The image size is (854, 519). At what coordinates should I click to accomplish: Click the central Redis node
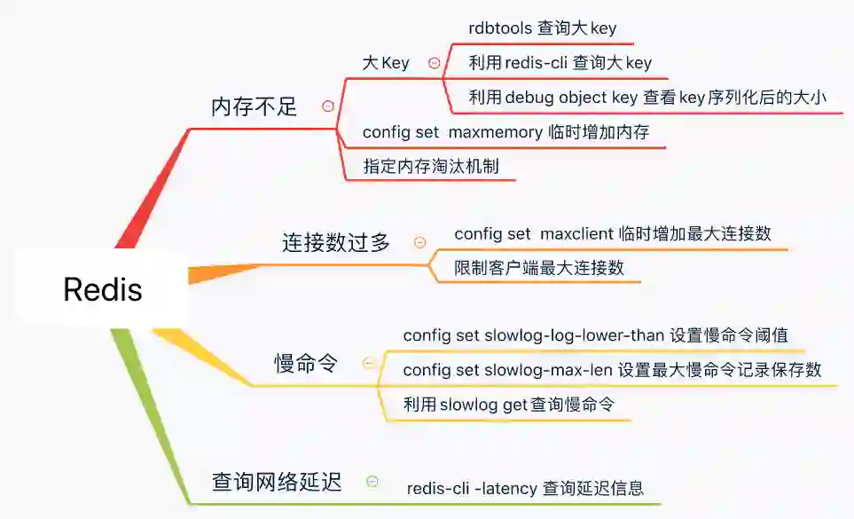[102, 289]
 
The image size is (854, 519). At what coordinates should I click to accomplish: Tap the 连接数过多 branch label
[336, 242]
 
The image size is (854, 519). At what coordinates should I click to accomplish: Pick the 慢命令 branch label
[306, 363]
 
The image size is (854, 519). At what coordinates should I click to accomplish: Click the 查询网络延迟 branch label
[277, 483]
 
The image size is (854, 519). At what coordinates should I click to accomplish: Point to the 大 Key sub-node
[386, 63]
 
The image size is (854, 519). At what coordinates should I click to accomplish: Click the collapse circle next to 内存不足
[328, 106]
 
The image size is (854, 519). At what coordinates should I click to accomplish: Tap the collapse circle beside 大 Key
[434, 63]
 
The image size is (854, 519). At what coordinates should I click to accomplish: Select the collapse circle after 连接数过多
[420, 242]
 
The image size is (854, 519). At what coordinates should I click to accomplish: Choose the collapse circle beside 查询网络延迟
[372, 482]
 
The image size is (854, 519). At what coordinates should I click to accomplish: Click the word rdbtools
[501, 28]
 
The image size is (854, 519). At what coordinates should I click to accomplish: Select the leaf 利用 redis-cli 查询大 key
[560, 63]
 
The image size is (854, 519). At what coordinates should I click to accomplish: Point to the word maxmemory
[495, 132]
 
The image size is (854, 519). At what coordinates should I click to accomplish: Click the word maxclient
[576, 234]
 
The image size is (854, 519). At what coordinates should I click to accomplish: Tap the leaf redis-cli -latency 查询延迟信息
[525, 487]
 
